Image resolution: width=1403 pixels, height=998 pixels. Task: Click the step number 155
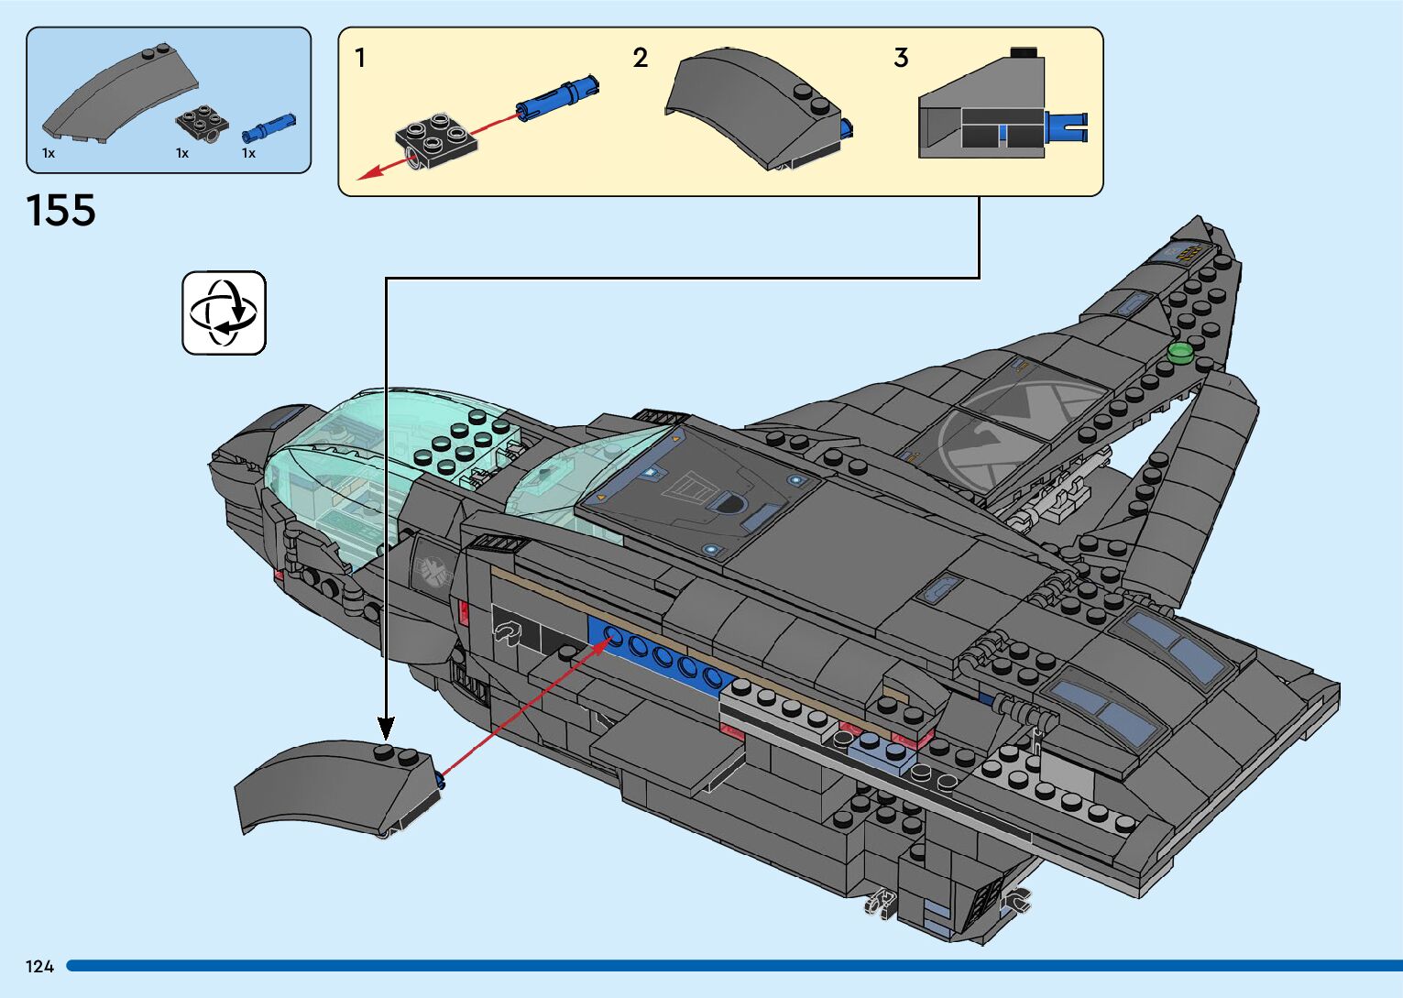(61, 211)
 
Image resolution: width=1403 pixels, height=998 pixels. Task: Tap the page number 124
(39, 966)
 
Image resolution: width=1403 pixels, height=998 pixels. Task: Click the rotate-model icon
(224, 313)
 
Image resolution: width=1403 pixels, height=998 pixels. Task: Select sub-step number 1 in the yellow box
(360, 59)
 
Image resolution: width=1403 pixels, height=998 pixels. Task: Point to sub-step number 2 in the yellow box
(640, 59)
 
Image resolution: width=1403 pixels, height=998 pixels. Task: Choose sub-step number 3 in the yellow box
(901, 59)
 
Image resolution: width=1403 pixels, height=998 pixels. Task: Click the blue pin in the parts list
(269, 126)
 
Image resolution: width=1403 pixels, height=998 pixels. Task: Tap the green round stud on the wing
(1180, 353)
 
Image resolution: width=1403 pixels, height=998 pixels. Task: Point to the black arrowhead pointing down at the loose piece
(386, 729)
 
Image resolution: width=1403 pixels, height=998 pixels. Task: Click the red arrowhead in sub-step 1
(366, 173)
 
